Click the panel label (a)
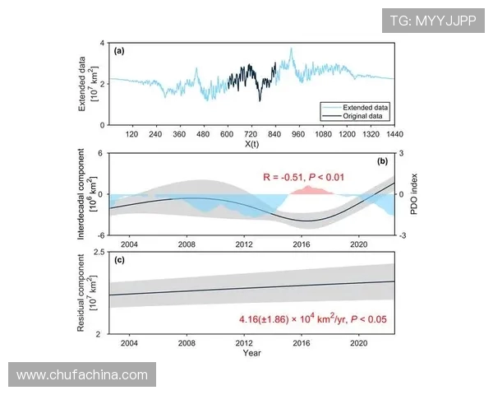pyautogui.click(x=119, y=51)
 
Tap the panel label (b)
pyautogui.click(x=382, y=161)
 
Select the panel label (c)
pyautogui.click(x=119, y=261)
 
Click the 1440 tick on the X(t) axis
pyautogui.click(x=394, y=133)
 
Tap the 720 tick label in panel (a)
pyautogui.click(x=251, y=133)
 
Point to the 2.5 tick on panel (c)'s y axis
pyautogui.click(x=99, y=252)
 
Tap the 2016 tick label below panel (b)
pyautogui.click(x=302, y=244)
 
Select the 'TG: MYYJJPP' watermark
pyautogui.click(x=432, y=20)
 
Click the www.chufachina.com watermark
pyautogui.click(x=81, y=375)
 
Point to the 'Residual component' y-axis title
pyautogui.click(x=81, y=293)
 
